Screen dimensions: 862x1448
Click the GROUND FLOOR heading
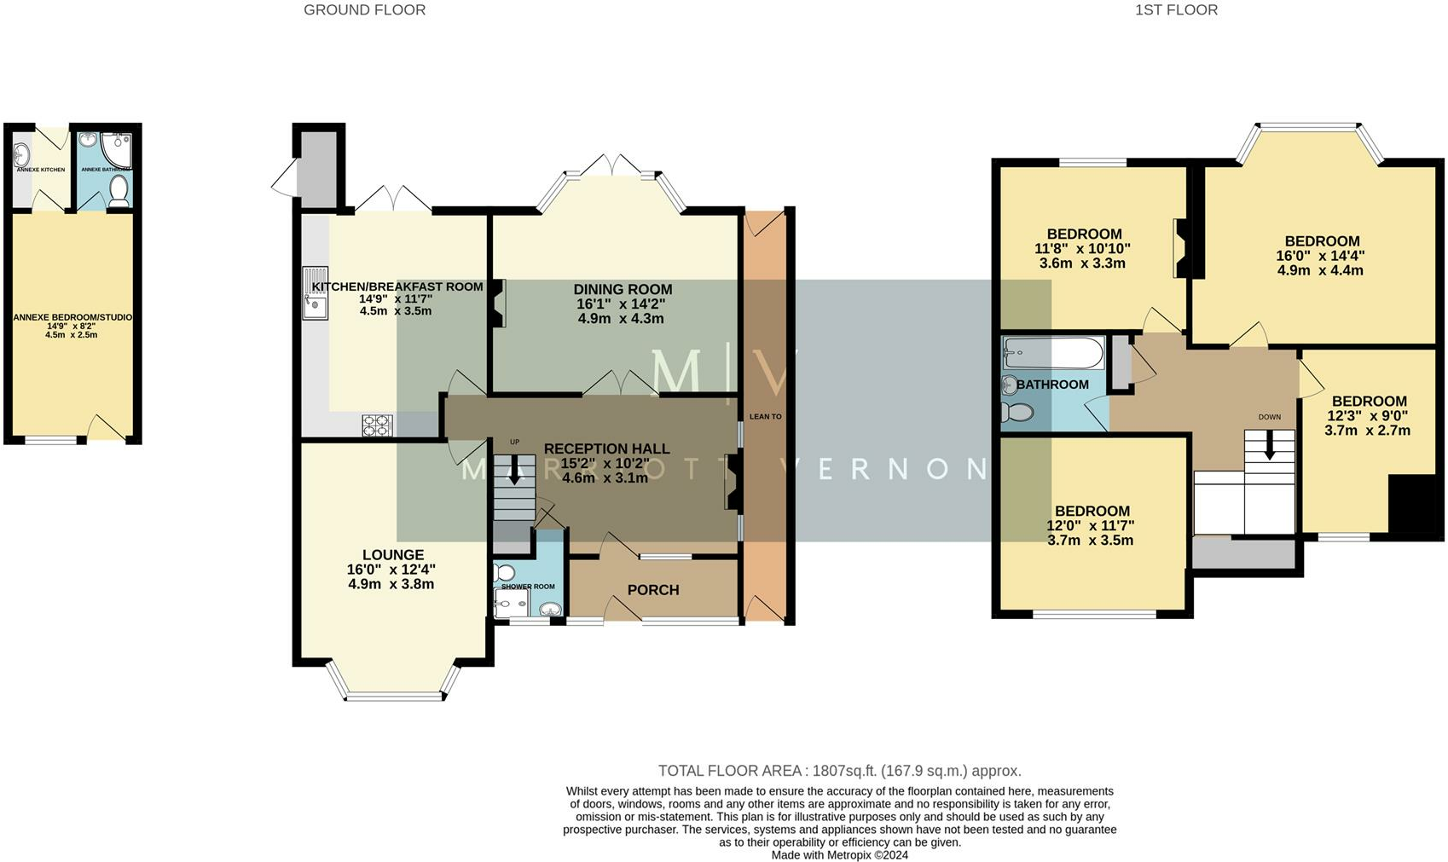[364, 10]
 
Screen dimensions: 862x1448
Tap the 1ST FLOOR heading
[1175, 10]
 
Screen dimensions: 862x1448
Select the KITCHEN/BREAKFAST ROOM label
[397, 286]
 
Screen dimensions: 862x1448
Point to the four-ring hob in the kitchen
[377, 425]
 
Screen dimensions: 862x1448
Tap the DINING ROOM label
[623, 290]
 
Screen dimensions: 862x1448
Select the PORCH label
[653, 590]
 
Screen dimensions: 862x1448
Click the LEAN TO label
[765, 417]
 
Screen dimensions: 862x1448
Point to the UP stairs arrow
[513, 468]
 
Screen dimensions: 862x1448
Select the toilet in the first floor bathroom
[1016, 413]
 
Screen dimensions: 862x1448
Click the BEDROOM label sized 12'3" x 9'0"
[1369, 402]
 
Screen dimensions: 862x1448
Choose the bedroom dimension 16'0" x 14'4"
[1320, 256]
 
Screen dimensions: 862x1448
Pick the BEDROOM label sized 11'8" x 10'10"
[1084, 234]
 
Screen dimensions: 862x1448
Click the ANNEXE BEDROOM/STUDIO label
[72, 317]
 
